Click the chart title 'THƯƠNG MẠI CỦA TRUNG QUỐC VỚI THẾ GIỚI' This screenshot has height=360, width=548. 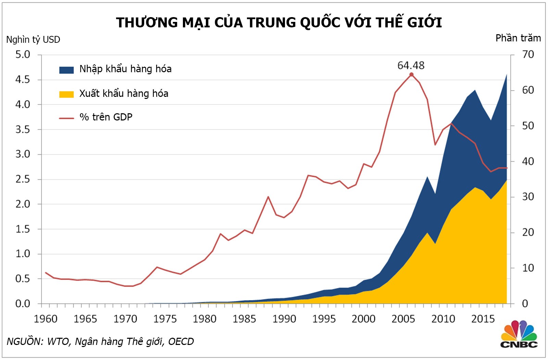pyautogui.click(x=279, y=23)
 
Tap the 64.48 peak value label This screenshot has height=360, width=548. pyautogui.click(x=411, y=65)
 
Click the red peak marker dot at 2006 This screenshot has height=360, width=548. pyautogui.click(x=411, y=75)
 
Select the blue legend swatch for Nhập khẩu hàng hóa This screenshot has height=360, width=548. pyautogui.click(x=66, y=70)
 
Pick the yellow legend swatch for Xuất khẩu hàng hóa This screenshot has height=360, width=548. pyautogui.click(x=66, y=94)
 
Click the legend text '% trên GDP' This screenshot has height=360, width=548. pyautogui.click(x=106, y=117)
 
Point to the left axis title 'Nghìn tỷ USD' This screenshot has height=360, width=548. pyautogui.click(x=33, y=40)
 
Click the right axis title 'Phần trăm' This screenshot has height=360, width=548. pyautogui.click(x=518, y=38)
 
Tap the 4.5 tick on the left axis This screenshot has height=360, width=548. pyautogui.click(x=23, y=79)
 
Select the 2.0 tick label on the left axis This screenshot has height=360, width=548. pyautogui.click(x=23, y=204)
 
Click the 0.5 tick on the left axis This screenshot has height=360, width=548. pyautogui.click(x=23, y=279)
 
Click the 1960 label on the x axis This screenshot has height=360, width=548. pyautogui.click(x=46, y=319)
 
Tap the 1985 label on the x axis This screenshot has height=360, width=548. pyautogui.click(x=244, y=319)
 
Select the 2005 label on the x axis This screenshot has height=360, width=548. pyautogui.click(x=403, y=319)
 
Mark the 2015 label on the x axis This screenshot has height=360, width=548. pyautogui.click(x=483, y=319)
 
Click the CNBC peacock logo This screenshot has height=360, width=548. pyautogui.click(x=519, y=334)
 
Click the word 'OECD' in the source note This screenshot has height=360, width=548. pyautogui.click(x=181, y=342)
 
